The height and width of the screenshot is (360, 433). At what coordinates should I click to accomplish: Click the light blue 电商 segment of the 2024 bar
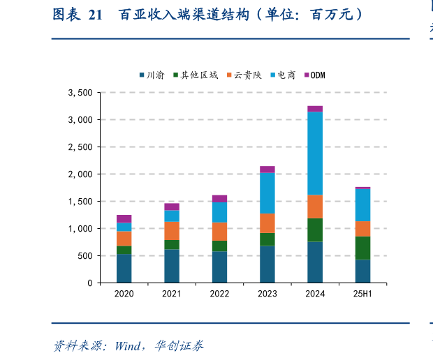tap(315, 153)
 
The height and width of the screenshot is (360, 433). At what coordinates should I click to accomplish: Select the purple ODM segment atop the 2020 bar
tap(124, 218)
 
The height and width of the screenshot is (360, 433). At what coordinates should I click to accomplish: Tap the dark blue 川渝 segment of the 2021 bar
tap(172, 266)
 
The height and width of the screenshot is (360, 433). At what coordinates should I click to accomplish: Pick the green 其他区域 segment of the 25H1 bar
tap(362, 248)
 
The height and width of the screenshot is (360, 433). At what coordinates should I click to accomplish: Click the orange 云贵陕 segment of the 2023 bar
tap(267, 223)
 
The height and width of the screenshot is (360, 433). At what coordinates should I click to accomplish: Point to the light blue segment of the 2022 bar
tap(219, 212)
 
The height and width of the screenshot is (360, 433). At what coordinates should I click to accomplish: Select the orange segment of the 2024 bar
tap(315, 207)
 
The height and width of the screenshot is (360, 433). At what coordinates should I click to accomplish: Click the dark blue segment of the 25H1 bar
tap(362, 271)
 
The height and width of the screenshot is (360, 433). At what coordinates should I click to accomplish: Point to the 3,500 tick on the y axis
tap(80, 93)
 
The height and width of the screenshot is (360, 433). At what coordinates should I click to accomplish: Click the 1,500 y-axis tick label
tap(80, 202)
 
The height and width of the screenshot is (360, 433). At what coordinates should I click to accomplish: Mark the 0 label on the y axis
tap(89, 283)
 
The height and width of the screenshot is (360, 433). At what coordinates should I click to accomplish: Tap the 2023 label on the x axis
tap(267, 294)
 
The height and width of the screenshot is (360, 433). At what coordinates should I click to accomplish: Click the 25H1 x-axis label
tap(362, 294)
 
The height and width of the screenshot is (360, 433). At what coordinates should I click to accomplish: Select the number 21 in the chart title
tap(96, 15)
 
